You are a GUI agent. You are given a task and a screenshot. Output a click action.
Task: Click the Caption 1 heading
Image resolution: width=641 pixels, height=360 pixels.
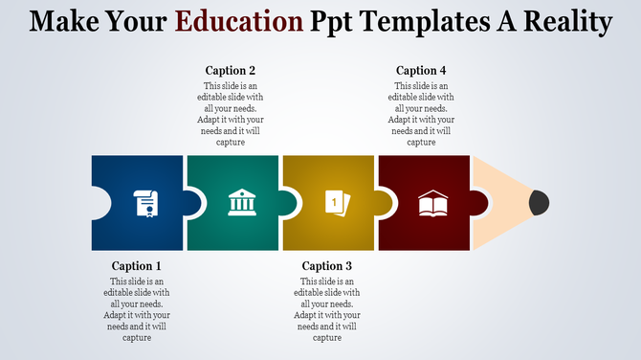pyautogui.click(x=138, y=266)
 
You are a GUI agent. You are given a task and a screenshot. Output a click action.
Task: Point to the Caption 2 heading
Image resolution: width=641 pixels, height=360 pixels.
pyautogui.click(x=232, y=71)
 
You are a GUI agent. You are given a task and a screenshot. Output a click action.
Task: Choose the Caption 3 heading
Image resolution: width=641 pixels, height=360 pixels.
pyautogui.click(x=327, y=266)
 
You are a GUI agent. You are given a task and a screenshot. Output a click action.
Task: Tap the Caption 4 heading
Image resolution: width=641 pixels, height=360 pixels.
pyautogui.click(x=422, y=71)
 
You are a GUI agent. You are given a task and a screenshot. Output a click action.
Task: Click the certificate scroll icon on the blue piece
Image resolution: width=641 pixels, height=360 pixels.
pyautogui.click(x=146, y=203)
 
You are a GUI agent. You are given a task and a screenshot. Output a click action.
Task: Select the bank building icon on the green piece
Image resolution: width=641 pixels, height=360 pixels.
pyautogui.click(x=240, y=203)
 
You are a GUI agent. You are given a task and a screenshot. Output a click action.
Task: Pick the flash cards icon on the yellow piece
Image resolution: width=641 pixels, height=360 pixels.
pyautogui.click(x=336, y=203)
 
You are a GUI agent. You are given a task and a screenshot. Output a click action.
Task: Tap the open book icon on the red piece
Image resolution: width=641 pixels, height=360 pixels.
pyautogui.click(x=431, y=203)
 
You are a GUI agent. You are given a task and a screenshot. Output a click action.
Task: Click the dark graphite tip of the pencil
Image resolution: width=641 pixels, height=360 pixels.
pyautogui.click(x=540, y=202)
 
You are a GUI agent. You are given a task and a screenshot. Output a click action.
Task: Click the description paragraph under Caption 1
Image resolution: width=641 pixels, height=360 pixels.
pyautogui.click(x=138, y=309)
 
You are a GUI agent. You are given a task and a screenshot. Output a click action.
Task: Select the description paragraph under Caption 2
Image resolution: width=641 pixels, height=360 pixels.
pyautogui.click(x=232, y=114)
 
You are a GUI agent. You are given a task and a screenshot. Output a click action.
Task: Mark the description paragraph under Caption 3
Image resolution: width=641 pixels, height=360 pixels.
pyautogui.click(x=327, y=309)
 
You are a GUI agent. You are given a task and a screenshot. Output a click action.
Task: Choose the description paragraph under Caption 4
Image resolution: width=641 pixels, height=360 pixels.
pyautogui.click(x=422, y=114)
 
